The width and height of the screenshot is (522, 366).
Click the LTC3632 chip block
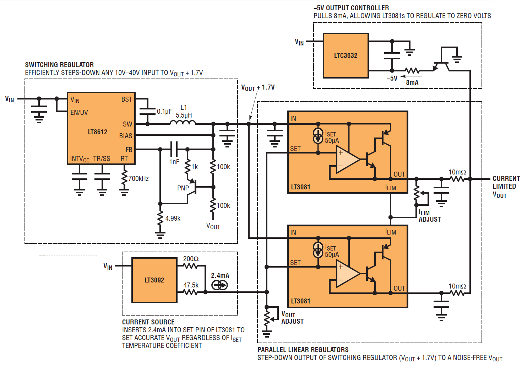click(x=346, y=55)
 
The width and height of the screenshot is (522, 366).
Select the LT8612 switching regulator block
click(x=101, y=128)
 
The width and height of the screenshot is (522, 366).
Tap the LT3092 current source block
click(x=154, y=280)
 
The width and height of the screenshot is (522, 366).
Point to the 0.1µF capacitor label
click(x=164, y=112)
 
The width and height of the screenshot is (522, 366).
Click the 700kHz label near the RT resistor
click(x=138, y=178)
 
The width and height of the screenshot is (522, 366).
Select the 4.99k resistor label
click(x=173, y=218)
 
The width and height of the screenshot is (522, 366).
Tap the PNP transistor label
click(x=183, y=188)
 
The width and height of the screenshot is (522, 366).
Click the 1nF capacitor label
click(x=174, y=162)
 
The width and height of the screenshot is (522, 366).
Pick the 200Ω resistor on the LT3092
click(x=190, y=266)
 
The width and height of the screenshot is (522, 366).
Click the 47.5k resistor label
click(x=191, y=285)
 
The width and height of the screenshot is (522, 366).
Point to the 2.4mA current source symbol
click(x=219, y=285)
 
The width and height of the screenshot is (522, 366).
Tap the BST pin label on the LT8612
click(x=126, y=99)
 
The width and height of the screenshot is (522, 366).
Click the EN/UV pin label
click(x=79, y=113)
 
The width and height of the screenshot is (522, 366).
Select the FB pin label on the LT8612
click(x=129, y=150)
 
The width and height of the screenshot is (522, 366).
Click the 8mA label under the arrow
click(x=412, y=83)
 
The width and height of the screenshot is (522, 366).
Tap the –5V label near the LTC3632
click(x=392, y=78)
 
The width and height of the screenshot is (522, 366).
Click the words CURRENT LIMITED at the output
click(x=506, y=182)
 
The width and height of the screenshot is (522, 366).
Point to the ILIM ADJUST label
click(x=430, y=216)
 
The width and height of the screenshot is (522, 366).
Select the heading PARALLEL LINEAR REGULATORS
click(x=303, y=350)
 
